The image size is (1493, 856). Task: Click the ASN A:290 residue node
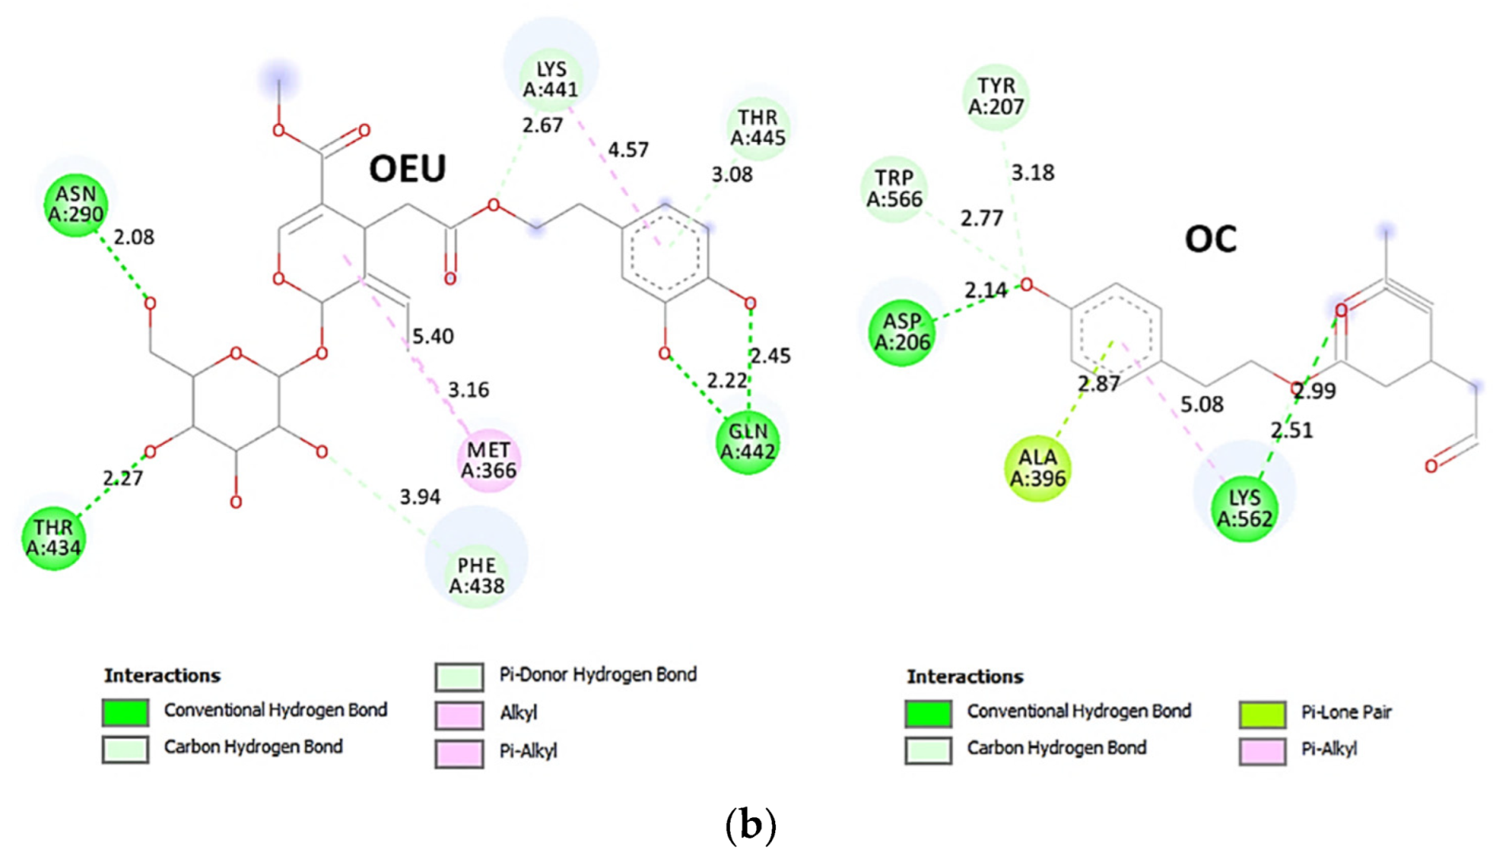(x=75, y=205)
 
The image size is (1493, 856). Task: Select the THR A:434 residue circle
(x=53, y=538)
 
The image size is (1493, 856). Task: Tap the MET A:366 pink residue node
(x=488, y=461)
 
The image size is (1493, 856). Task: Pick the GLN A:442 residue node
(x=747, y=442)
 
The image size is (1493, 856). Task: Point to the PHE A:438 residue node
(x=476, y=576)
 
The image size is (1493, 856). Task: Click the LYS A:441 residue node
(x=550, y=79)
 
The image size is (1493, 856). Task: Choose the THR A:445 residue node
(x=758, y=128)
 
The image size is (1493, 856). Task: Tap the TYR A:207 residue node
(x=996, y=96)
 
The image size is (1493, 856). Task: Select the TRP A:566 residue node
(x=894, y=189)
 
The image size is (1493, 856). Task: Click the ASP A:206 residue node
(x=901, y=332)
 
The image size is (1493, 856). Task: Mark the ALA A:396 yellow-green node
(x=1037, y=468)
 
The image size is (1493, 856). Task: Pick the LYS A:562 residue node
(x=1244, y=508)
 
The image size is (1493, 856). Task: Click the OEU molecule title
(x=407, y=168)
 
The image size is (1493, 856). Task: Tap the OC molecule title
(x=1210, y=239)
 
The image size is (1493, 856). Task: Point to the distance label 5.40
(x=433, y=337)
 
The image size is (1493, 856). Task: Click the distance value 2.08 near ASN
(x=133, y=237)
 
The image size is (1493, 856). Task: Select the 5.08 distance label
(x=1202, y=405)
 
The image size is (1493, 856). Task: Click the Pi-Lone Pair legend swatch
(x=1262, y=714)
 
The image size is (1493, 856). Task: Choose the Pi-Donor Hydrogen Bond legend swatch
(x=459, y=677)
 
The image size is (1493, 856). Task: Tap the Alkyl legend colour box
(x=459, y=715)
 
